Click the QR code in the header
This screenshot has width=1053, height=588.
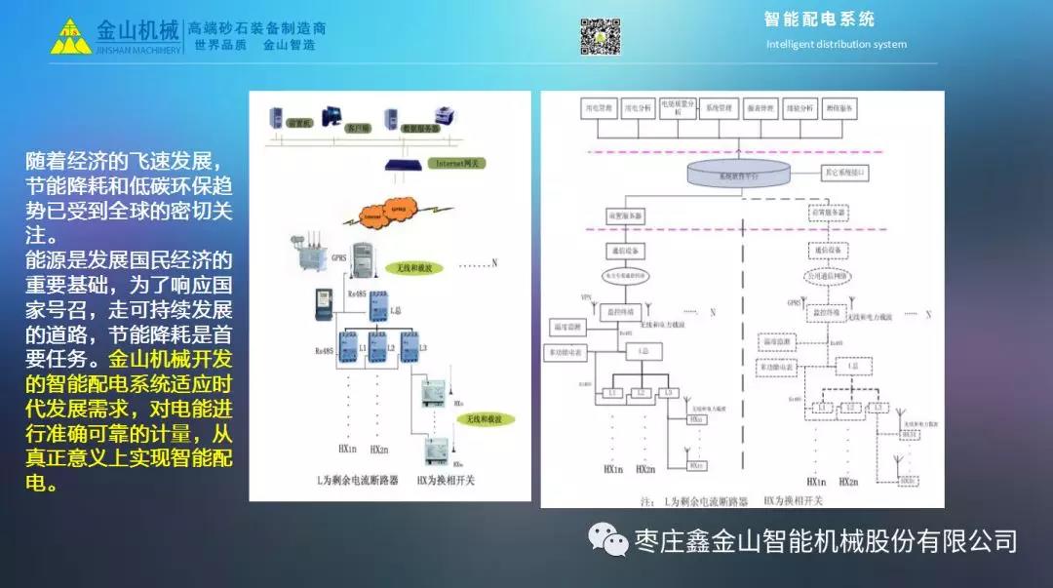coord(601,36)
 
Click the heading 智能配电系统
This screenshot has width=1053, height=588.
coord(819,20)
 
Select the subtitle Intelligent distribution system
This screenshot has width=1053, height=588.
coord(836,44)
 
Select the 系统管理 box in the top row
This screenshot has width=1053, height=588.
coord(719,109)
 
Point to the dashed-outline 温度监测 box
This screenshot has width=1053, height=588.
coord(782,343)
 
